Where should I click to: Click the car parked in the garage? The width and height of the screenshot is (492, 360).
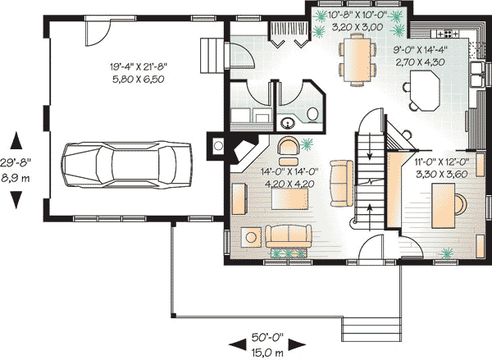[126, 165]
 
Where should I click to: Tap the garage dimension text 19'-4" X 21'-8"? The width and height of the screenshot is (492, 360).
[138, 66]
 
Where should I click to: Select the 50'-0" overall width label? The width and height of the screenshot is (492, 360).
[267, 337]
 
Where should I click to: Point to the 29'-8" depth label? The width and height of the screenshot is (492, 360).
[16, 162]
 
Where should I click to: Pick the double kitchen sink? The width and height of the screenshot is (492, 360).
[478, 75]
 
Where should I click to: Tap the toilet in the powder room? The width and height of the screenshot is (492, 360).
[312, 114]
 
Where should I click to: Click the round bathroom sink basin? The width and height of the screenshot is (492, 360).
[287, 123]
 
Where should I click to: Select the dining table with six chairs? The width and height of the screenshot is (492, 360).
[358, 60]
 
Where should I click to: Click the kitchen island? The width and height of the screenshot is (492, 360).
[424, 91]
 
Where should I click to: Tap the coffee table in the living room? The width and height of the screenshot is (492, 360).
[289, 198]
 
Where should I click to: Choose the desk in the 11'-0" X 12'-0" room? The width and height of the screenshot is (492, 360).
[443, 206]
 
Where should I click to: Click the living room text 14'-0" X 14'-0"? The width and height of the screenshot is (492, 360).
[289, 171]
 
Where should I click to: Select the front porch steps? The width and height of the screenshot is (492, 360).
[371, 329]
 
